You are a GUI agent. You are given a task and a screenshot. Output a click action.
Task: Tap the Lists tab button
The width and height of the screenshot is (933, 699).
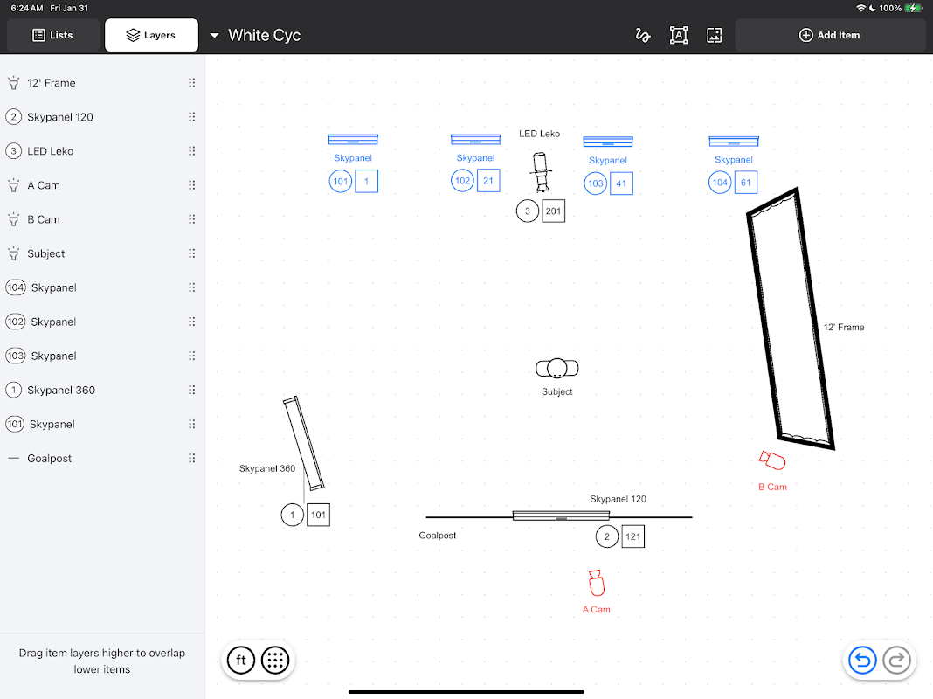point(53,35)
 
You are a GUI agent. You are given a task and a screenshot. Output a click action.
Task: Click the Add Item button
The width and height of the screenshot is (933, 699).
point(829,35)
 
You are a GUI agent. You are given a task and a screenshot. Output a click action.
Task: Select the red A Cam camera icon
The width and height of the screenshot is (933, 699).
point(596,583)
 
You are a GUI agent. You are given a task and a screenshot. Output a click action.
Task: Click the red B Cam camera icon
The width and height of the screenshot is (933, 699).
point(772,460)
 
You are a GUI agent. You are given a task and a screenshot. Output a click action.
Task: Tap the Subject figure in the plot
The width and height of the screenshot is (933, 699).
point(557,368)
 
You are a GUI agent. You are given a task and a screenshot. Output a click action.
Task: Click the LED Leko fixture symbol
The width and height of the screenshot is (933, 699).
point(540,172)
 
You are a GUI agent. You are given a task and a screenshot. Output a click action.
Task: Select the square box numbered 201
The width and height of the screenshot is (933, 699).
point(553,211)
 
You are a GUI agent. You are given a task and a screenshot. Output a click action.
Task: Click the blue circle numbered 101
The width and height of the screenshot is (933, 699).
point(341,182)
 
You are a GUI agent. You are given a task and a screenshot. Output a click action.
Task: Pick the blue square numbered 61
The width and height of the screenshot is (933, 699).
point(745,183)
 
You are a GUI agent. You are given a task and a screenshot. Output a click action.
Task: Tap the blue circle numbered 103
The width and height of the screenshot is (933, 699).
point(596,183)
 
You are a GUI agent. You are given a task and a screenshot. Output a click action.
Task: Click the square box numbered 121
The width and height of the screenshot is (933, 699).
point(633,536)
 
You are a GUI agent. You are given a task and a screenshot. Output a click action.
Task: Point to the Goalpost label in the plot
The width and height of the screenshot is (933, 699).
point(438,536)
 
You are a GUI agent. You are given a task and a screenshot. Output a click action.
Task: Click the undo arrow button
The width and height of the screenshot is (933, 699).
point(862,660)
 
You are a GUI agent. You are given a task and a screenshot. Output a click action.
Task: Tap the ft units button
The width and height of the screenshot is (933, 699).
point(241,660)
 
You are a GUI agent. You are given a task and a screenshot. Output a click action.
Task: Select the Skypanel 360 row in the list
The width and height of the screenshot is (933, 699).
point(102,391)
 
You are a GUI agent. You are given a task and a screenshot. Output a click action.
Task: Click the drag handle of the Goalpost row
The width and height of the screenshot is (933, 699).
point(191,458)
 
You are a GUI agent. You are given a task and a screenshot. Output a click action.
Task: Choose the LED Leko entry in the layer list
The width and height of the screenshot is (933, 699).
point(102,151)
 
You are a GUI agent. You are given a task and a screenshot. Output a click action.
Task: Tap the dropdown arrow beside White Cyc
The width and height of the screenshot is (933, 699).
point(214,36)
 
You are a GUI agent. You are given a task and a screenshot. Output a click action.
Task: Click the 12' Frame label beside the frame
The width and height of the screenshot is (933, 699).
point(844,327)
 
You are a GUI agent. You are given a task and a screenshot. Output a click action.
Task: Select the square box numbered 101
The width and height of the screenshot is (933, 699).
point(318,516)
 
